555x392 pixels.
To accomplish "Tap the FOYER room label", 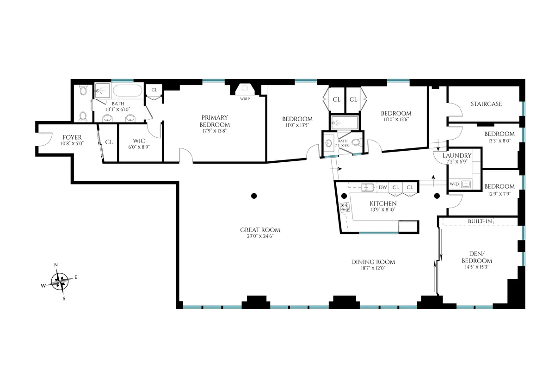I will coord(72,138).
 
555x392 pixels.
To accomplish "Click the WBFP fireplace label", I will coord(244,98).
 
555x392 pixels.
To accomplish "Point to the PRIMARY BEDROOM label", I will coord(215,121).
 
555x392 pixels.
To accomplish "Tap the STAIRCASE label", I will coord(486,104).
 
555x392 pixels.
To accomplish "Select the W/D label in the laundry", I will coord(454,184).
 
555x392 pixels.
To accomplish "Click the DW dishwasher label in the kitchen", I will coord(382,187).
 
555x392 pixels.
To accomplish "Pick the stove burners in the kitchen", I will coord(345,208).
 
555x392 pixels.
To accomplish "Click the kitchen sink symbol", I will coord(368,187).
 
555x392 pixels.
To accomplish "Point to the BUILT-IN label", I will coord(480,222).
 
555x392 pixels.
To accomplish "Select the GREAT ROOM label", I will coord(260,230).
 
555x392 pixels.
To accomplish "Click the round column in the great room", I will coord(253,196).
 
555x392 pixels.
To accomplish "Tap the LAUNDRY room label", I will coord(456,156).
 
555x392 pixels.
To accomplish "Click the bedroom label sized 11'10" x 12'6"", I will coord(396,113).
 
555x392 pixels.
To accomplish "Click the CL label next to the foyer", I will coord(109,142).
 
